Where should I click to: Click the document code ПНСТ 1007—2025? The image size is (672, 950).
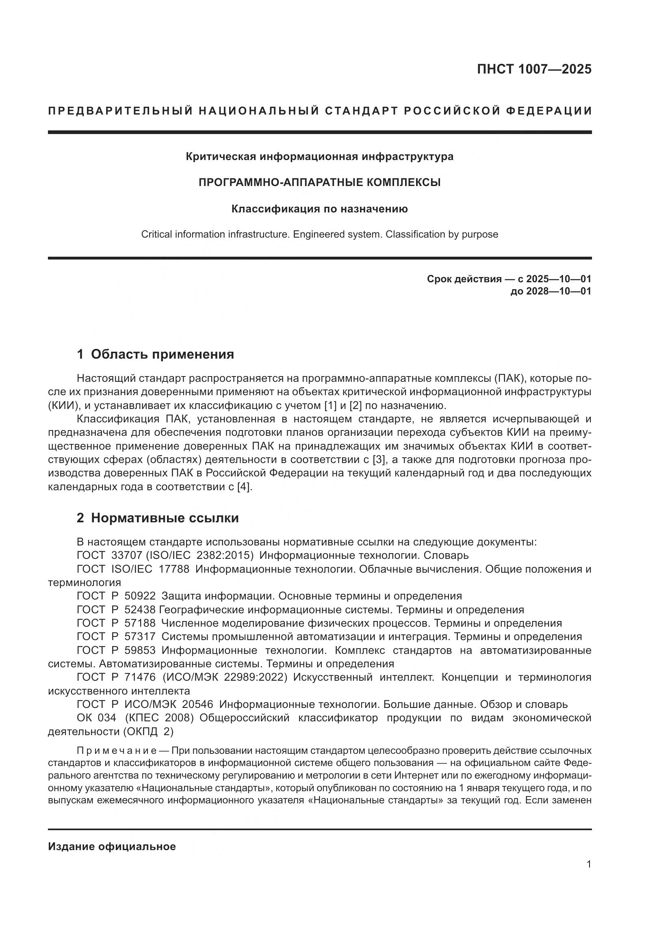pos(534,69)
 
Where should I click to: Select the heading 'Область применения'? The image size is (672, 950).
pos(162,355)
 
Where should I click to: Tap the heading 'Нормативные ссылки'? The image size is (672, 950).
pos(165,518)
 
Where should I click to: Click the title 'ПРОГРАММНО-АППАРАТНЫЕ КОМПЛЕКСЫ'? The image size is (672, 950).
pos(319,182)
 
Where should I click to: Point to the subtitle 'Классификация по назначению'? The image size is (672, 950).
pos(319,209)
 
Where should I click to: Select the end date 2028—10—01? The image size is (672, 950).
pos(559,291)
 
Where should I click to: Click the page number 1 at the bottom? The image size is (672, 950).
pos(588,864)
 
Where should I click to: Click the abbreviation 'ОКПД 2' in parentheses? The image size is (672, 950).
pos(148,731)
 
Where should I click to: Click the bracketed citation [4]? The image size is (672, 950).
pos(244,487)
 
